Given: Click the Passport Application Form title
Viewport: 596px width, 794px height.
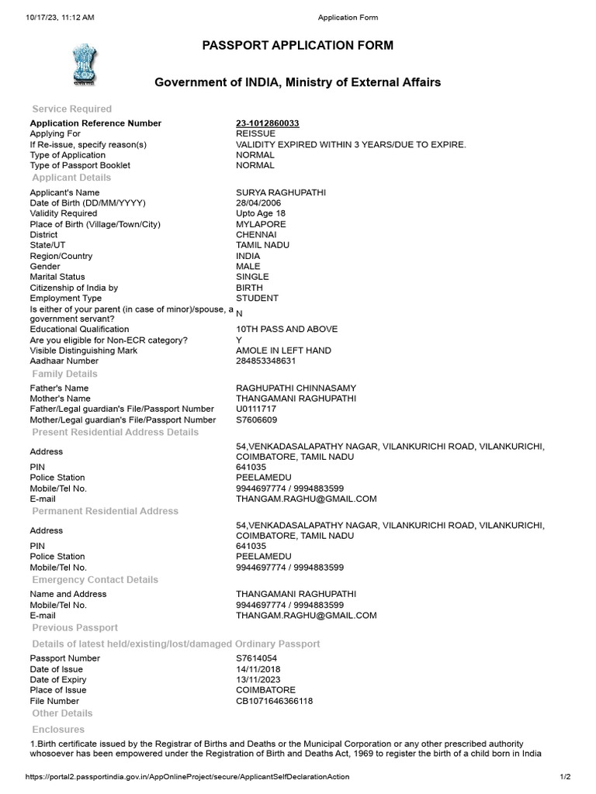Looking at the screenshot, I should (297, 46).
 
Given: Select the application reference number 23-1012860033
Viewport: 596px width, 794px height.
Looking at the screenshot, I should (268, 123).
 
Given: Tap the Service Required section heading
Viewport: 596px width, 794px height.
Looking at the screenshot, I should (71, 109).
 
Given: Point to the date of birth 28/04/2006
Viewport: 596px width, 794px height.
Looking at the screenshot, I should (258, 203).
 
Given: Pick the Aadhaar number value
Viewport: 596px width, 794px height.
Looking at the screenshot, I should (266, 361).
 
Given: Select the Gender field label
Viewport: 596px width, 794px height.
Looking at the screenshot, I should (46, 267).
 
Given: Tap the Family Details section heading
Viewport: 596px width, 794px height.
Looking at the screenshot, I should (64, 375).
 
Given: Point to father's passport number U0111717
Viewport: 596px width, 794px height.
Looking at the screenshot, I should (256, 409).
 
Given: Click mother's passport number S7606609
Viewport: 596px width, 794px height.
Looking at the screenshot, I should (256, 419).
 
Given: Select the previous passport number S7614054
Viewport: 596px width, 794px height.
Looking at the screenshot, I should (256, 658).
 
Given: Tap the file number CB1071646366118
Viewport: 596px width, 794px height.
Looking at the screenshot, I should (274, 701).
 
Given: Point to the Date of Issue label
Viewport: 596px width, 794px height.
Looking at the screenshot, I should (56, 669).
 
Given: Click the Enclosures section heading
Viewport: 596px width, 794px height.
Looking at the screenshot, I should (58, 730).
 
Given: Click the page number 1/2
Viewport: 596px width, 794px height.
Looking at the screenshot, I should (565, 777).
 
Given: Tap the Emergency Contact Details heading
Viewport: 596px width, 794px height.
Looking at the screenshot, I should (95, 580).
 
